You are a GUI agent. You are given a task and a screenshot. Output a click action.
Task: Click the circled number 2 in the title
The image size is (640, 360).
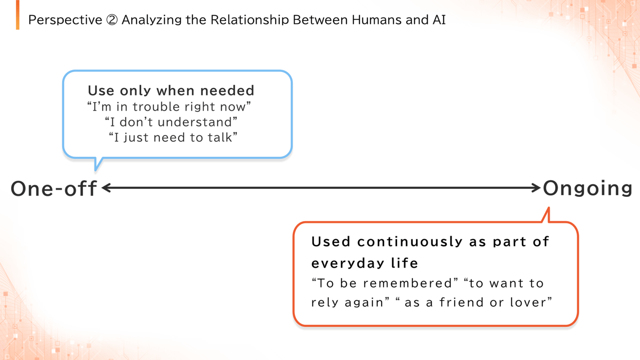tap(112, 20)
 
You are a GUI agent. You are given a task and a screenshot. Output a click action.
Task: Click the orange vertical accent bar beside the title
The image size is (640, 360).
tap(18, 14)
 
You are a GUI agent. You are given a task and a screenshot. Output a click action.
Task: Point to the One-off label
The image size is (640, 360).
tap(54, 188)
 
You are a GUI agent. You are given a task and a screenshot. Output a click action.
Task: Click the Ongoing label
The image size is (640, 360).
tap(588, 188)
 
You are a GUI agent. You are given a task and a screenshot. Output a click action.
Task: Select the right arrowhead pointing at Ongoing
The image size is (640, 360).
tap(536, 188)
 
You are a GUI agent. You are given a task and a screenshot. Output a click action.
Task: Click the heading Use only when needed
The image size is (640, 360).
tap(171, 90)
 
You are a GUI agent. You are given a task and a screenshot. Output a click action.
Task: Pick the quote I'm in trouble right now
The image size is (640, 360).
tap(169, 107)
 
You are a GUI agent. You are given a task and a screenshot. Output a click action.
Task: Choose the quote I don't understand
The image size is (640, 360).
tap(171, 122)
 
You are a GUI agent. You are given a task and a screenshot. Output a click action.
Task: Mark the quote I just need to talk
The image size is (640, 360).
tap(173, 138)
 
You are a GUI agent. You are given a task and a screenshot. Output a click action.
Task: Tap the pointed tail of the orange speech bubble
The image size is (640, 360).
tap(548, 208)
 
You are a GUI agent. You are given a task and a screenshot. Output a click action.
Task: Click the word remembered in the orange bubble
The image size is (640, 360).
tap(408, 284)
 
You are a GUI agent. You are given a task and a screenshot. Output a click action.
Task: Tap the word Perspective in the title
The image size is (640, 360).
tap(65, 20)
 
